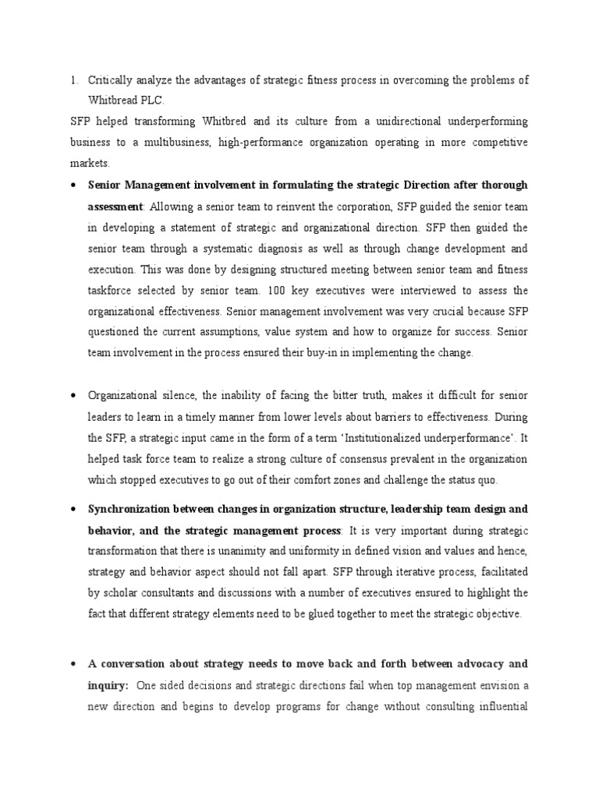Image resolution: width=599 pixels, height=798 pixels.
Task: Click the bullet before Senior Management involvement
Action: point(73,185)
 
